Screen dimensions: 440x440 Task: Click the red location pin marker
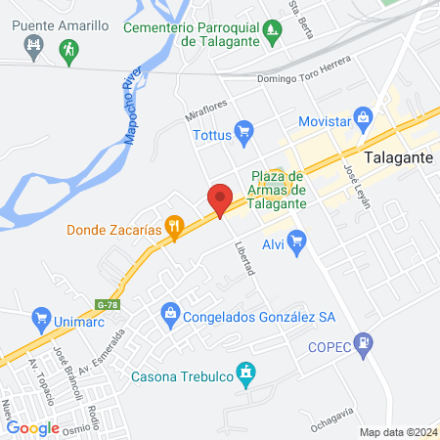[221, 199]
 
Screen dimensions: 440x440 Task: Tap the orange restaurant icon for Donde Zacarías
[175, 231]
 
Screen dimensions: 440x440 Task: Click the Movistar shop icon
[364, 117]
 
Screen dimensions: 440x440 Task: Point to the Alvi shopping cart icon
[298, 239]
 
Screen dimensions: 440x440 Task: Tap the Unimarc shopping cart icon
[41, 317]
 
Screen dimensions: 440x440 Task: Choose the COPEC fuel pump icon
[365, 342]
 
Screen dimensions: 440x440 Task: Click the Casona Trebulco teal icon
[246, 372]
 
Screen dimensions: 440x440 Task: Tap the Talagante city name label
[399, 156]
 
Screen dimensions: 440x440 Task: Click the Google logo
[33, 426]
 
